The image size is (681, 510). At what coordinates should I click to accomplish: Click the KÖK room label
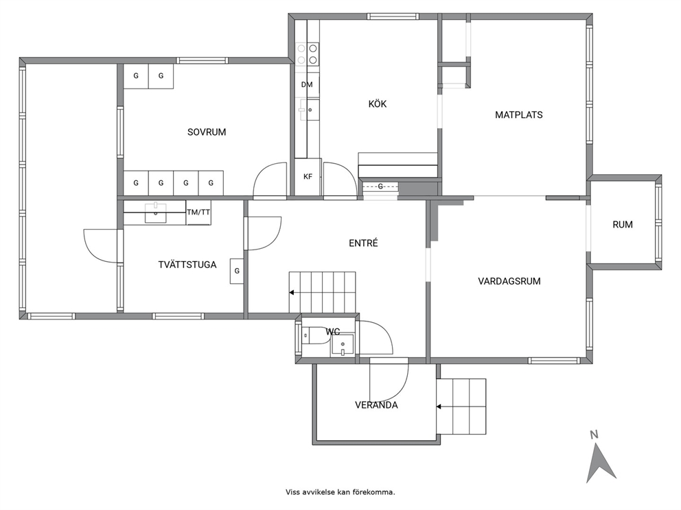377,104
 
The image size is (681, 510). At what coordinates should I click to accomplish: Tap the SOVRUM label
207,132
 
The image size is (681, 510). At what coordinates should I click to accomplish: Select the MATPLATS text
519,115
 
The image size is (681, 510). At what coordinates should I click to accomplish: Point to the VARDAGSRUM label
509,281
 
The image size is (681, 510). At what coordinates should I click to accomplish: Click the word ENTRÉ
364,243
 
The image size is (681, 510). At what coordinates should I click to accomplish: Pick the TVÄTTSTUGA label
187,265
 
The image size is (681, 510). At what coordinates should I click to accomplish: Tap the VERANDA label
377,405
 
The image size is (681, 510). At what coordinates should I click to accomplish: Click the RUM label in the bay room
623,225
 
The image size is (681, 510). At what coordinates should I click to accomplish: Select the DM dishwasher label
307,84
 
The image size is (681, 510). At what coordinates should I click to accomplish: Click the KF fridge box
308,176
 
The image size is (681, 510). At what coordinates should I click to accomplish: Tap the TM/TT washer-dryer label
198,212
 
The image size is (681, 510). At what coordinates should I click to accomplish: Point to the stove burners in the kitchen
307,54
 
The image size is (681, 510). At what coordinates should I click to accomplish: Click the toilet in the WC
312,335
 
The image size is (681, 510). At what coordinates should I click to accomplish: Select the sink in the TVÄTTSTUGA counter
155,213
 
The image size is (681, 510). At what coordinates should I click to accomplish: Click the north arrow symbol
600,461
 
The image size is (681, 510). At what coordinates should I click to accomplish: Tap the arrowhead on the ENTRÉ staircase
292,293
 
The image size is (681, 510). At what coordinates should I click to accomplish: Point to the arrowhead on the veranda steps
439,406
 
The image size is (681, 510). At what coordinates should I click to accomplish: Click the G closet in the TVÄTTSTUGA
237,271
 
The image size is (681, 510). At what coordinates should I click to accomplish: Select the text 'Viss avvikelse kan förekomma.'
340,492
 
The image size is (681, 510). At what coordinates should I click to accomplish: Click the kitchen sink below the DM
308,110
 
